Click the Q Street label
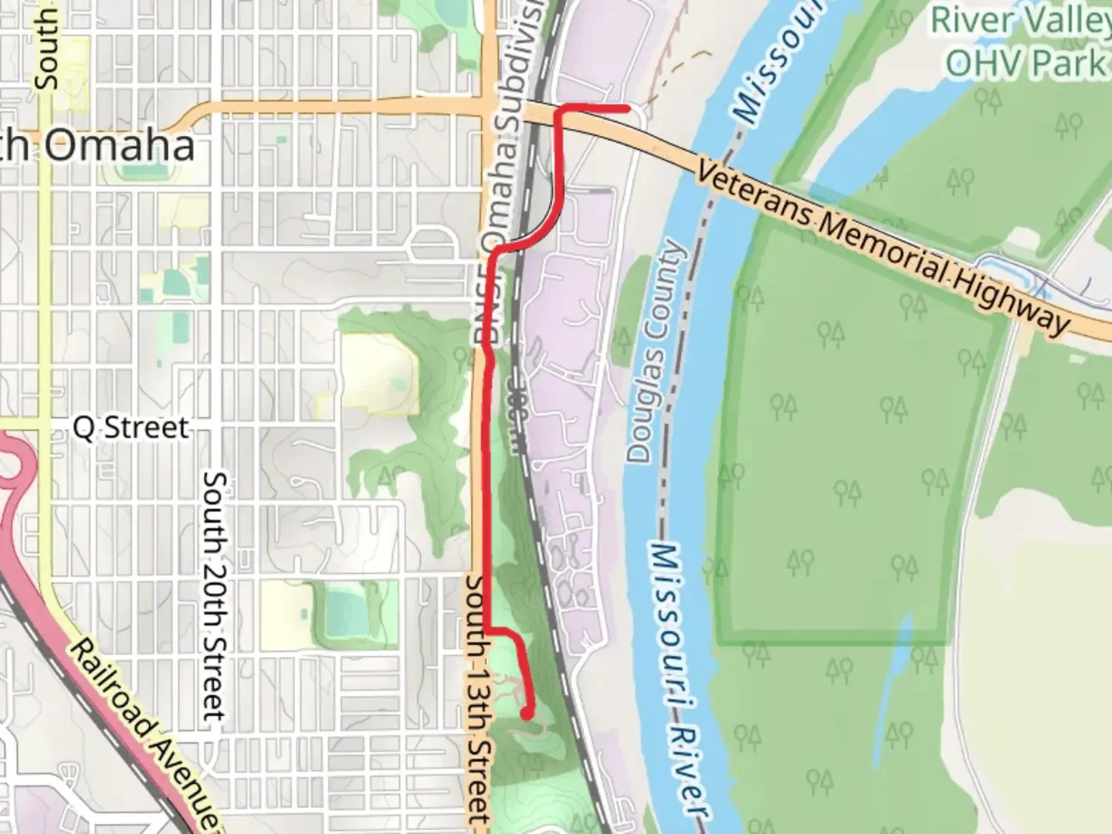coord(131,427)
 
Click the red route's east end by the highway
coord(625,108)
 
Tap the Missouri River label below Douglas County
coord(676,680)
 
